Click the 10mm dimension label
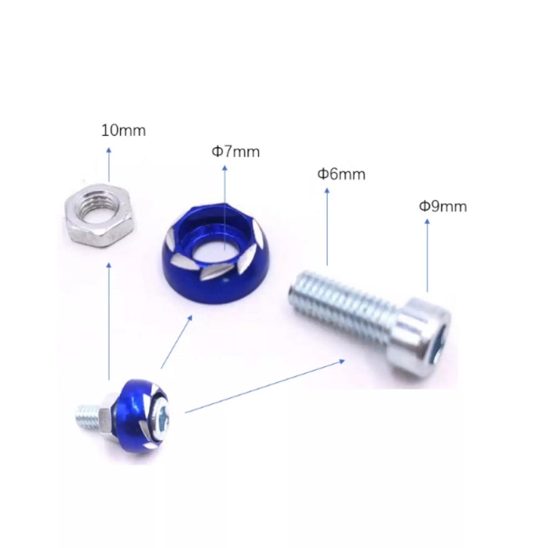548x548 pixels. click(x=123, y=130)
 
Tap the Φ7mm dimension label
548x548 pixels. click(x=236, y=152)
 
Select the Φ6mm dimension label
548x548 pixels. click(x=341, y=174)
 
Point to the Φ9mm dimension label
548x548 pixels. click(x=443, y=206)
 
